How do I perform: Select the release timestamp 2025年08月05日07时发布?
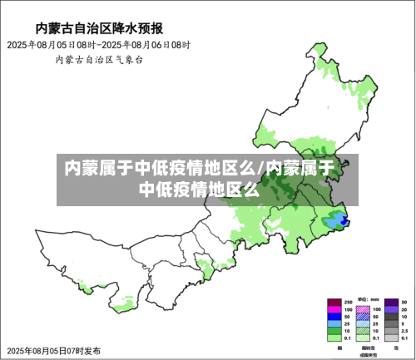click(52, 350)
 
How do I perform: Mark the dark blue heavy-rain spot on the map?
click(341, 220)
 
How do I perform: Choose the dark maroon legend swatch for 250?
click(334, 302)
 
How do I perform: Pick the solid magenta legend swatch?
click(334, 309)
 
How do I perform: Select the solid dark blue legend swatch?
click(334, 317)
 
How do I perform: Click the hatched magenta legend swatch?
click(363, 309)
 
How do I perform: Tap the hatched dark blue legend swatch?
click(363, 317)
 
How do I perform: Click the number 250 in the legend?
click(348, 302)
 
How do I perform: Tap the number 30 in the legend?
click(404, 302)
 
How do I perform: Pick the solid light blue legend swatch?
click(334, 324)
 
